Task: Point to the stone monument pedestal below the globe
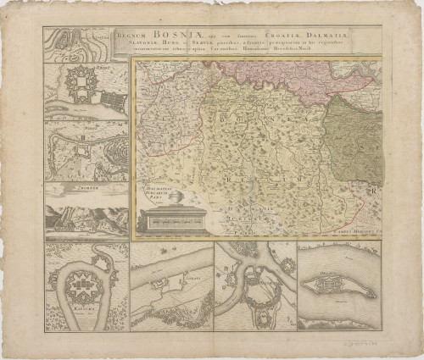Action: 162,219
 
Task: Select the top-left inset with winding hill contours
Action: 71,44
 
